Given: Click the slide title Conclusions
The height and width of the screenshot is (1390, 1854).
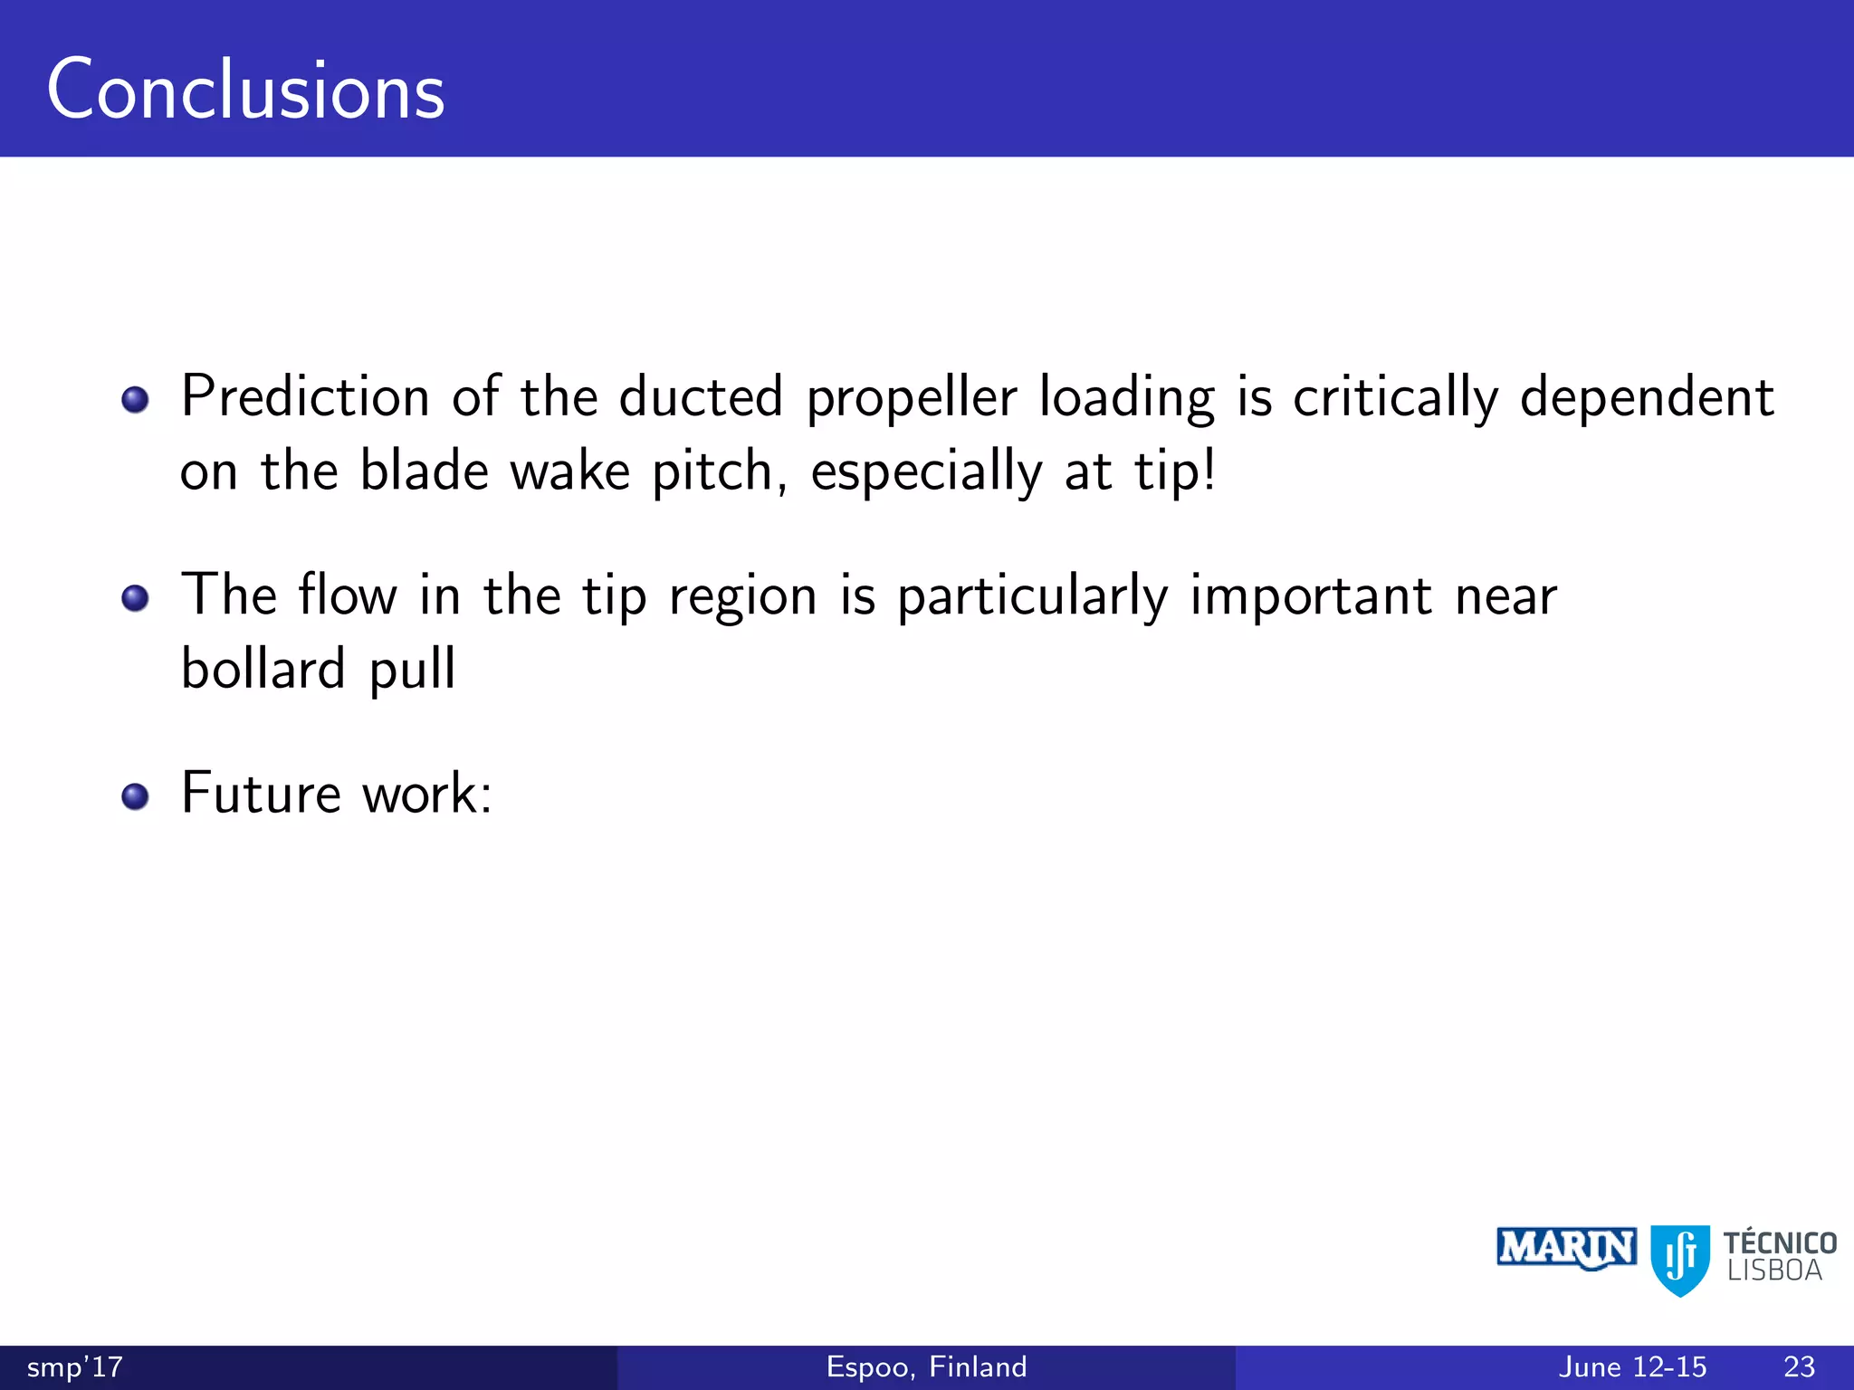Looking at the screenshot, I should (x=245, y=90).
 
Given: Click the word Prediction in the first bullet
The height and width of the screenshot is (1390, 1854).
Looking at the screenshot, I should (x=305, y=397).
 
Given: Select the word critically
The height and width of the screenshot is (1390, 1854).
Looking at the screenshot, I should (x=1395, y=399).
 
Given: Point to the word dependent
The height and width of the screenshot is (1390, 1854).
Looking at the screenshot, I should (x=1646, y=397).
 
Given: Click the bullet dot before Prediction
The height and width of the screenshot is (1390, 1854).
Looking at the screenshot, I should (x=135, y=399).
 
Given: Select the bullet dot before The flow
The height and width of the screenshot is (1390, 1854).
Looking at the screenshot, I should (x=135, y=598).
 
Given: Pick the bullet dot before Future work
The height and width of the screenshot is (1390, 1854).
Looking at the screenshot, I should (x=135, y=796).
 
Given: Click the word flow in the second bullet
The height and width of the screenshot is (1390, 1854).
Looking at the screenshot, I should (x=348, y=596).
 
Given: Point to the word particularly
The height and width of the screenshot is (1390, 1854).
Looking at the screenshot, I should (x=1032, y=598).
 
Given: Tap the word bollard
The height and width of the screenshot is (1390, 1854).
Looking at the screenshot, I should (x=263, y=670).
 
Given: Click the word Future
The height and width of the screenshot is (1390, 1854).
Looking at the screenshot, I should (x=261, y=794).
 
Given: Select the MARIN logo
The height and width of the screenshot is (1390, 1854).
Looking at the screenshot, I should (x=1566, y=1249).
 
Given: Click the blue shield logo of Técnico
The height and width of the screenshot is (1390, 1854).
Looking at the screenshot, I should (x=1680, y=1259).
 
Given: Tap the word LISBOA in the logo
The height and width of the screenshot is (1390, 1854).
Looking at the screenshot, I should (x=1773, y=1271).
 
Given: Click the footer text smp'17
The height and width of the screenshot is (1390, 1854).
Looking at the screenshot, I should (x=75, y=1367).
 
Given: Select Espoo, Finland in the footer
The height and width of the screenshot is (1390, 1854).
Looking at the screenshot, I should (x=926, y=1367).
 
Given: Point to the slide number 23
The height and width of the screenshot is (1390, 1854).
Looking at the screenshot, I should (x=1799, y=1367).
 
